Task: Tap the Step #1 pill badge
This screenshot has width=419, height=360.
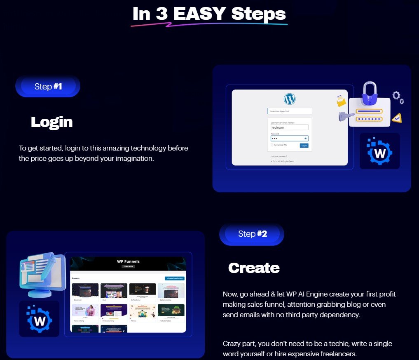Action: [x=48, y=87]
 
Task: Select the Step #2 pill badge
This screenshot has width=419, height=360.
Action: [x=252, y=234]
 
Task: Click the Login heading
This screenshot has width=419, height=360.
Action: [x=51, y=122]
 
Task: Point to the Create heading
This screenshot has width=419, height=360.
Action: [x=254, y=268]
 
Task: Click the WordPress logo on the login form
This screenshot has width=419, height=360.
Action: [x=290, y=99]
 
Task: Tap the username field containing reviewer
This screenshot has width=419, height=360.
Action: [x=289, y=128]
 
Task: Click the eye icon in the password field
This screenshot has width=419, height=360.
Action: [x=305, y=139]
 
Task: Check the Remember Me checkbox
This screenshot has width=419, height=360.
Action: [x=272, y=145]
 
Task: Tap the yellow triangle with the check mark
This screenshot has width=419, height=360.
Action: [x=396, y=118]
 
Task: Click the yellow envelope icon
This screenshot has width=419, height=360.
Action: [x=341, y=101]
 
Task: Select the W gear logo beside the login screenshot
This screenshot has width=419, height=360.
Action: [x=379, y=151]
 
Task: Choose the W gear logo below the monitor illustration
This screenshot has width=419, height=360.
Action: [x=39, y=318]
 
